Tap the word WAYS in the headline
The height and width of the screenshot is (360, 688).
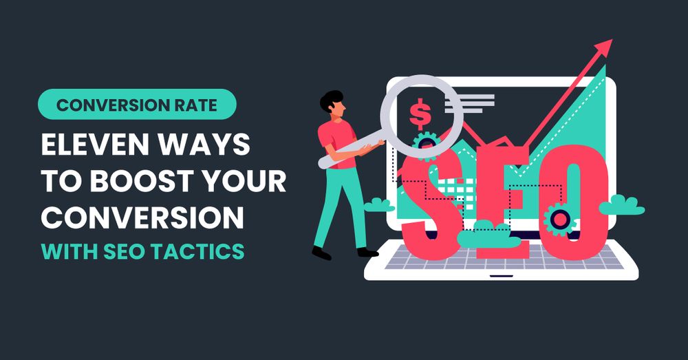coord(203,145)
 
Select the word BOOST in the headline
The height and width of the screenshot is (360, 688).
coord(142,180)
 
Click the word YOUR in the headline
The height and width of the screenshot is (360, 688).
coord(245,180)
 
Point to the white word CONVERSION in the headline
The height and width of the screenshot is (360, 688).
coord(142,217)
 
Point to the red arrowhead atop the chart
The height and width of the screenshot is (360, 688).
coord(603,47)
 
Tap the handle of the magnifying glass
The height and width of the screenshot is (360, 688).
coord(351,152)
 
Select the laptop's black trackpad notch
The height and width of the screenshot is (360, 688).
coord(502,276)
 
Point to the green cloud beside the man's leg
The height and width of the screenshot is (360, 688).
coord(378,205)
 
